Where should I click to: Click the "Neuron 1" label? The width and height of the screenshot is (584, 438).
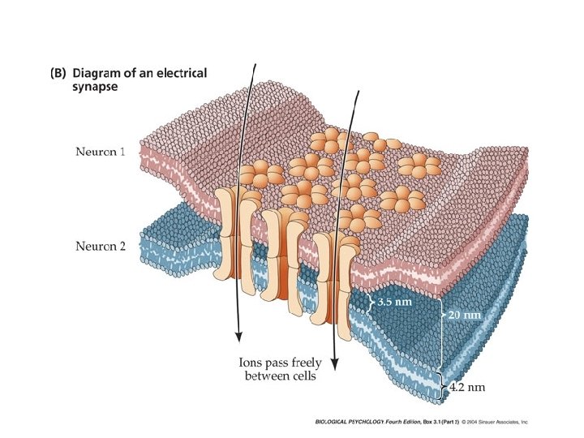tap(101, 152)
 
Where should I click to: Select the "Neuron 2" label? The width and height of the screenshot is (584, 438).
tap(101, 246)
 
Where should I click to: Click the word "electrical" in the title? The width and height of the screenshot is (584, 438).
tap(180, 73)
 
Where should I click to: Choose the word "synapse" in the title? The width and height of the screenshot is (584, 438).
tap(97, 88)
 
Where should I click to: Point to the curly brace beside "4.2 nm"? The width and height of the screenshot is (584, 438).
tap(443, 384)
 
